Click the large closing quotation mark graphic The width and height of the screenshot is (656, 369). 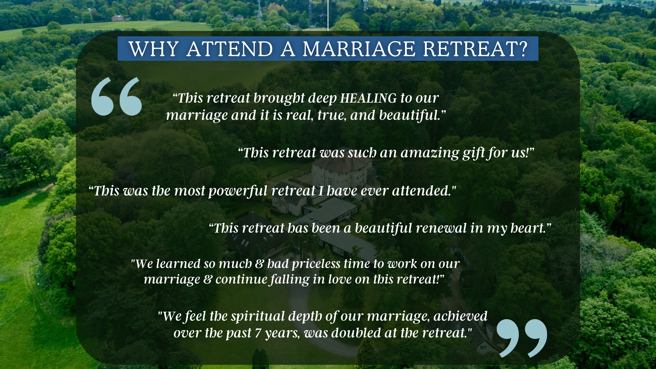coord(522,338)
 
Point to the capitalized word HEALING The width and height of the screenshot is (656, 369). coord(368,98)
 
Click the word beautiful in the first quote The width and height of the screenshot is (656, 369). coord(410,115)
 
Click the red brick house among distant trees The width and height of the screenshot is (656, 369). coord(117,18)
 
